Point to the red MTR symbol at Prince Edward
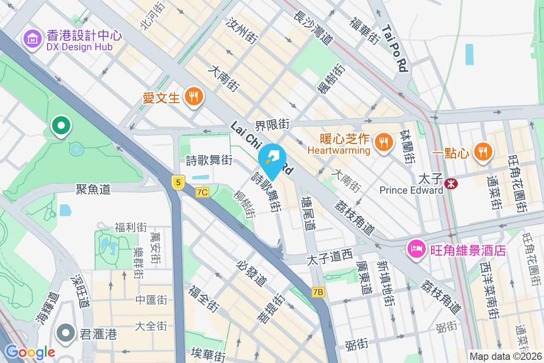[450, 183]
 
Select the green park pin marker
[60, 126]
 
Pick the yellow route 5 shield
[178, 182]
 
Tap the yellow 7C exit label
[202, 192]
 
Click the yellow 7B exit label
[318, 293]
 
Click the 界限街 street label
[272, 124]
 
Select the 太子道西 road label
[330, 259]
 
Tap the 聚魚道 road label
[93, 189]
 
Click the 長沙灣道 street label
[313, 28]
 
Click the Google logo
[30, 352]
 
